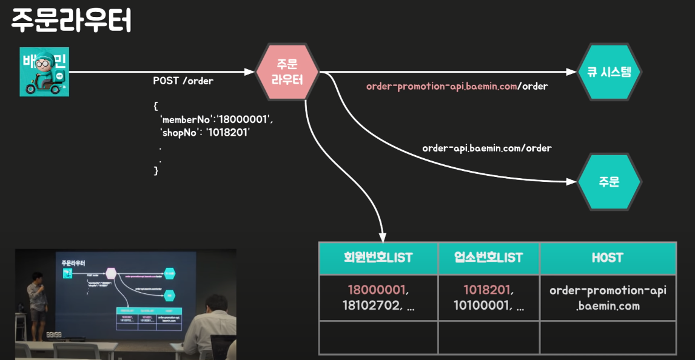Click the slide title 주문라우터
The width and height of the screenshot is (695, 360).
[x=71, y=21]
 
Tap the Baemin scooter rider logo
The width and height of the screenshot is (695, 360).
[x=44, y=72]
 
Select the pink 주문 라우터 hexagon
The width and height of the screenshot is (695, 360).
[x=287, y=72]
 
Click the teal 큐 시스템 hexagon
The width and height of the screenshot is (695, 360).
[x=608, y=72]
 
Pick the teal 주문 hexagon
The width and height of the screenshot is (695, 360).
[x=608, y=182]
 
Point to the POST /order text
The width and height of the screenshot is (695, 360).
[x=183, y=81]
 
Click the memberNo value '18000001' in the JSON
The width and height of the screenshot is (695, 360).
[x=240, y=119]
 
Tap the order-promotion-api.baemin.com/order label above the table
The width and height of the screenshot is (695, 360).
[x=457, y=86]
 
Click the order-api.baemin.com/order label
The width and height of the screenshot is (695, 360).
[x=486, y=148]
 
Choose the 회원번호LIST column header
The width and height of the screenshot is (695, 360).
[x=378, y=258]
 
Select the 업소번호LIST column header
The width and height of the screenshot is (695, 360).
[x=488, y=258]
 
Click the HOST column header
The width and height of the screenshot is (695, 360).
[x=607, y=258]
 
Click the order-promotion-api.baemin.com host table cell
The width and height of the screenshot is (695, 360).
[x=607, y=298]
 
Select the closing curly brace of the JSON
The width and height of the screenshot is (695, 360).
[x=156, y=171]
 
